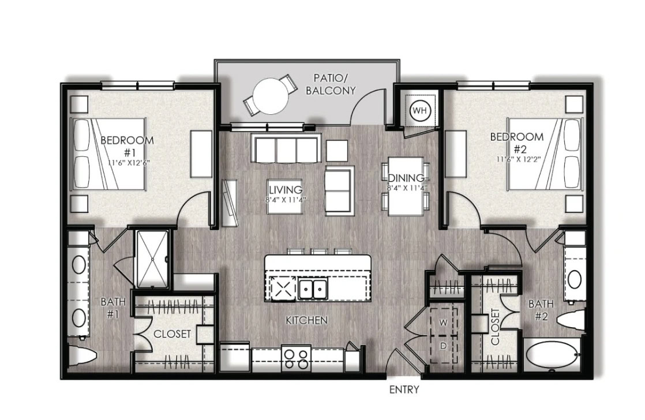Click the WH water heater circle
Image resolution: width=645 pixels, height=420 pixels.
(420, 110)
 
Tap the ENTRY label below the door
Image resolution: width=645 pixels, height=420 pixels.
(404, 389)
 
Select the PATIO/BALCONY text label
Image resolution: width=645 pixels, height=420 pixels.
(331, 84)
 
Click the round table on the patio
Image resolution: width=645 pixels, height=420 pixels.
(271, 96)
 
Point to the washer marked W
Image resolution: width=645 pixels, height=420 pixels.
(444, 322)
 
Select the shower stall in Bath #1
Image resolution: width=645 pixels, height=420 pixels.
(152, 258)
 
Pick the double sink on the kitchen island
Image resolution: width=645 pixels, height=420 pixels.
(313, 289)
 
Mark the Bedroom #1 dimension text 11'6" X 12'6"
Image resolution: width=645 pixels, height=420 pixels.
(129, 163)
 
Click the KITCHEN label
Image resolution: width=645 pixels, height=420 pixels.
(307, 320)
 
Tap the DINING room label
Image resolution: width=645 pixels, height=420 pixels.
(406, 178)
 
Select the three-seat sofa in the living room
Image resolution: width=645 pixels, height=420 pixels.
(287, 148)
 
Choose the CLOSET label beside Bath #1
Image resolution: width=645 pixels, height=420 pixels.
(172, 333)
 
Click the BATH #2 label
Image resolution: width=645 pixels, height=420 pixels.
(541, 310)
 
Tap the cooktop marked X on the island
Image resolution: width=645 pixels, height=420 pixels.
(283, 288)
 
